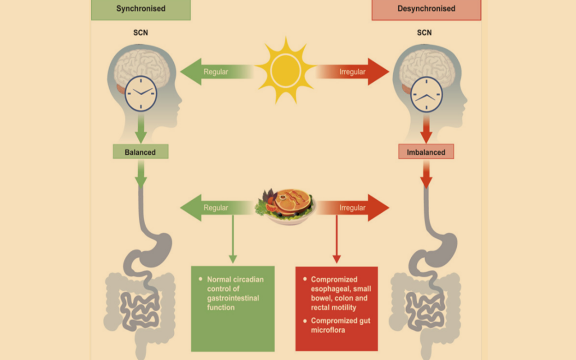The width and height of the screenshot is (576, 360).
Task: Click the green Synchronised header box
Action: pos(141,9)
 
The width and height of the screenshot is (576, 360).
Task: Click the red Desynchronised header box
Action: pos(426,9)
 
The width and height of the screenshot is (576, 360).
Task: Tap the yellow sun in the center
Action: pos(285,70)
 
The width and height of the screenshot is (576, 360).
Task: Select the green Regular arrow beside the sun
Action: pos(217,71)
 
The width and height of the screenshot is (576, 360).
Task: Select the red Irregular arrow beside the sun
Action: pos(353,71)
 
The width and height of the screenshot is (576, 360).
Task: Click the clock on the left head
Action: pos(141,94)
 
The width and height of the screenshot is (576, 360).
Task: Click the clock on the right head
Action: pos(426,94)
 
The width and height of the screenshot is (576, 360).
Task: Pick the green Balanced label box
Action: pos(140,152)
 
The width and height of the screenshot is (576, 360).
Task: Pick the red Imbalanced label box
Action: pos(426,152)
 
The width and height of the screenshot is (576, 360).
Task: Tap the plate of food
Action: pos(286,206)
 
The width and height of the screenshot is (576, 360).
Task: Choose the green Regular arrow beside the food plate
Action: pos(217,208)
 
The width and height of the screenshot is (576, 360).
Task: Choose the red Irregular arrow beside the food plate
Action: pos(353,208)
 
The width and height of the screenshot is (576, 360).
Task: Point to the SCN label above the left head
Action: pos(141,33)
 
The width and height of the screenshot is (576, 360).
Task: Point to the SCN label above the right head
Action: pos(424,33)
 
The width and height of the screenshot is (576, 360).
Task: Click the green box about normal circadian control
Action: pos(232,309)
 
